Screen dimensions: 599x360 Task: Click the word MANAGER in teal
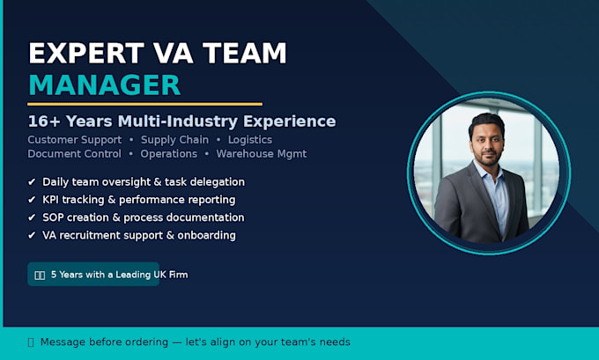pos(104,84)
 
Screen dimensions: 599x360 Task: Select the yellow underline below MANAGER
pos(144,104)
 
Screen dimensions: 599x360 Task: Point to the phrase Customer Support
pos(75,140)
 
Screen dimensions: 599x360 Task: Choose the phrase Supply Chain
pos(174,140)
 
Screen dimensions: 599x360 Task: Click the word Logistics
pos(250,140)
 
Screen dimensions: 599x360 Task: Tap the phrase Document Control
pos(75,154)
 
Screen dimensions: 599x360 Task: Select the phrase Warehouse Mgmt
pos(262,154)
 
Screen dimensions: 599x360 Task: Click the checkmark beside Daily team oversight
pos(32,181)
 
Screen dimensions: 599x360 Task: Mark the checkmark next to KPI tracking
pos(32,200)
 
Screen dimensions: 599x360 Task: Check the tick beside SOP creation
pos(32,217)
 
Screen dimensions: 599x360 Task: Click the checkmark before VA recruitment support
pos(32,235)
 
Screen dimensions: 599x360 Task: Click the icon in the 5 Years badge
pos(40,276)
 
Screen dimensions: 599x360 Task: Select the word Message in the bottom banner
pos(63,342)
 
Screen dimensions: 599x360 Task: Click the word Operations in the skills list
pos(168,154)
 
